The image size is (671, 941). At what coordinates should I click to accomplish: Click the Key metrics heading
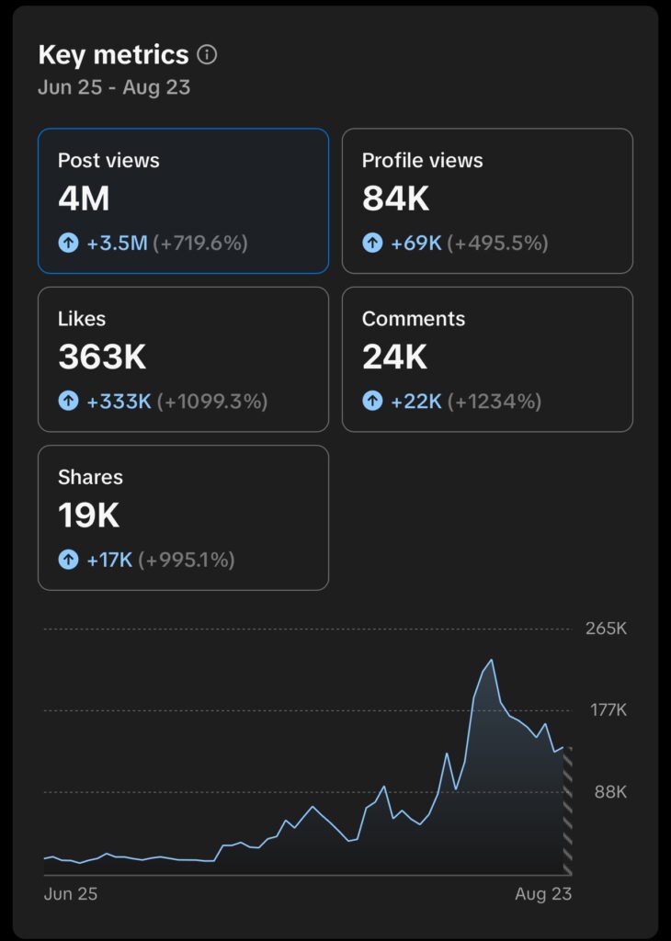(113, 55)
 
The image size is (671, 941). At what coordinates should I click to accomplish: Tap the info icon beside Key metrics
(208, 55)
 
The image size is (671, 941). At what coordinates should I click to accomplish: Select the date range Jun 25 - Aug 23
(114, 88)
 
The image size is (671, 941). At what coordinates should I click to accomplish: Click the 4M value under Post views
(84, 198)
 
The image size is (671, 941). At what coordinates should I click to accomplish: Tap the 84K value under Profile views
(395, 198)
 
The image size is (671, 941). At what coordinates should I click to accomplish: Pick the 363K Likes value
(102, 357)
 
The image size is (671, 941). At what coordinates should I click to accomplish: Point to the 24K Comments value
(394, 357)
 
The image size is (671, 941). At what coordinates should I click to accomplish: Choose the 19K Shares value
(88, 516)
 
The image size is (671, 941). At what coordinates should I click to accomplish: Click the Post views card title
(108, 160)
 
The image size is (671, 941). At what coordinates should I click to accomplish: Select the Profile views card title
(422, 160)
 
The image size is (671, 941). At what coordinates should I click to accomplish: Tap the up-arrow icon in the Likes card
(68, 401)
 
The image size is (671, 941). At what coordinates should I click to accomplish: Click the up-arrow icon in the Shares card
(68, 559)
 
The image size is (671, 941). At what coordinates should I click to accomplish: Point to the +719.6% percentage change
(201, 243)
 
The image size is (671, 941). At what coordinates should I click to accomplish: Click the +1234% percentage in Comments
(495, 401)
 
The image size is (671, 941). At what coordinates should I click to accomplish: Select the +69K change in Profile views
(416, 243)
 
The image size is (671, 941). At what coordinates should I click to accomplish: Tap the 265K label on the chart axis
(606, 629)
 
